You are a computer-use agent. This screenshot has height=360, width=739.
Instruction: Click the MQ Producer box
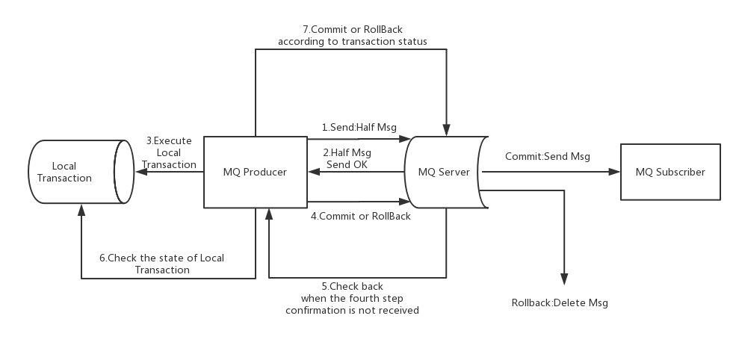pyautogui.click(x=255, y=172)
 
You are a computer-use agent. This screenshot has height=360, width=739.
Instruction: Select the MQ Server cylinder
pyautogui.click(x=444, y=172)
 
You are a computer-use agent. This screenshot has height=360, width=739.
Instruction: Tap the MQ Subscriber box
pyautogui.click(x=670, y=172)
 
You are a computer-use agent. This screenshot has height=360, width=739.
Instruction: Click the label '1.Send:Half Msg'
pyautogui.click(x=359, y=128)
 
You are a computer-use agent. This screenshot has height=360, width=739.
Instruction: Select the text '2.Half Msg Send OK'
pyautogui.click(x=347, y=158)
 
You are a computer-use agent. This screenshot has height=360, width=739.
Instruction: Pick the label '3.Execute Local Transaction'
pyautogui.click(x=169, y=152)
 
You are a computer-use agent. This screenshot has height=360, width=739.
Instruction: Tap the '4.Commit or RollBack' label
pyautogui.click(x=360, y=217)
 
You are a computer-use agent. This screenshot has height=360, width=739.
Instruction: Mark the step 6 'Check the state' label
pyautogui.click(x=162, y=264)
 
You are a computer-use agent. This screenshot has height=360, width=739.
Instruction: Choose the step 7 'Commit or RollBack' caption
pyautogui.click(x=352, y=36)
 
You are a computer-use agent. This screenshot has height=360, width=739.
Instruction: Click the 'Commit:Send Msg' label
pyautogui.click(x=547, y=156)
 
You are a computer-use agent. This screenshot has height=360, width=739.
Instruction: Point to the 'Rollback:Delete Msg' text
pyautogui.click(x=560, y=303)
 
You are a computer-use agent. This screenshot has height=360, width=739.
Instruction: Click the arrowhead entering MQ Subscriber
pyautogui.click(x=615, y=172)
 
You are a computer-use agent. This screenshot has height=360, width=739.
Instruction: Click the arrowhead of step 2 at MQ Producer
pyautogui.click(x=313, y=172)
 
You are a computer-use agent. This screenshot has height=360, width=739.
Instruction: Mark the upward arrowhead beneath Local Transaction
pyautogui.click(x=81, y=211)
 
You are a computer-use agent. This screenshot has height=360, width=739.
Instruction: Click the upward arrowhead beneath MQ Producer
pyautogui.click(x=268, y=214)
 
